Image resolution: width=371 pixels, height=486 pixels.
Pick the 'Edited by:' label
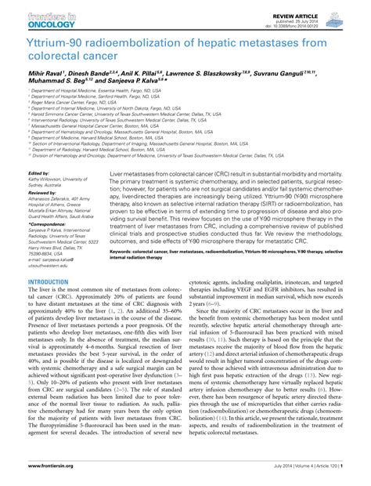tap(39, 172)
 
